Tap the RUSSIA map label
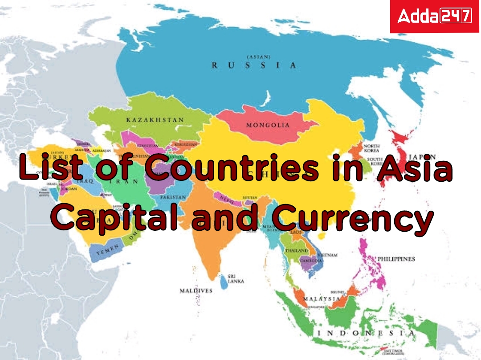click(253, 65)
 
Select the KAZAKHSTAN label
click(155, 120)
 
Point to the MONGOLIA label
click(268, 125)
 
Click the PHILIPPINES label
click(396, 259)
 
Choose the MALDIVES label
click(196, 290)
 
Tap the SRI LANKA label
click(236, 279)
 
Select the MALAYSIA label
click(321, 299)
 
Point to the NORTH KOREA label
click(371, 149)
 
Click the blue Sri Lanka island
click(223, 281)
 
